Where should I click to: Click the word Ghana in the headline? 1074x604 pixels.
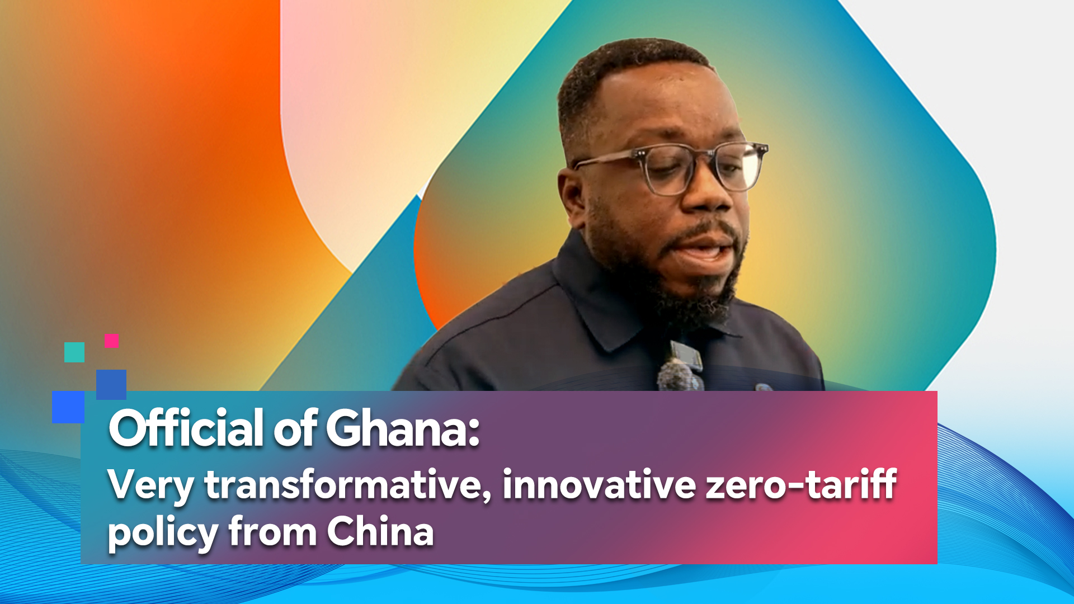pyautogui.click(x=402, y=428)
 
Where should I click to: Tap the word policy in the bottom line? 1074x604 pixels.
pyautogui.click(x=163, y=533)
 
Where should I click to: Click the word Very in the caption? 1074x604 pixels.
pyautogui.click(x=151, y=485)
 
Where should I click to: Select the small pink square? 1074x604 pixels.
pyautogui.click(x=111, y=341)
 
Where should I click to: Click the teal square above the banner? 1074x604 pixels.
pyautogui.click(x=74, y=352)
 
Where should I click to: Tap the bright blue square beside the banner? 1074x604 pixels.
pyautogui.click(x=68, y=407)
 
